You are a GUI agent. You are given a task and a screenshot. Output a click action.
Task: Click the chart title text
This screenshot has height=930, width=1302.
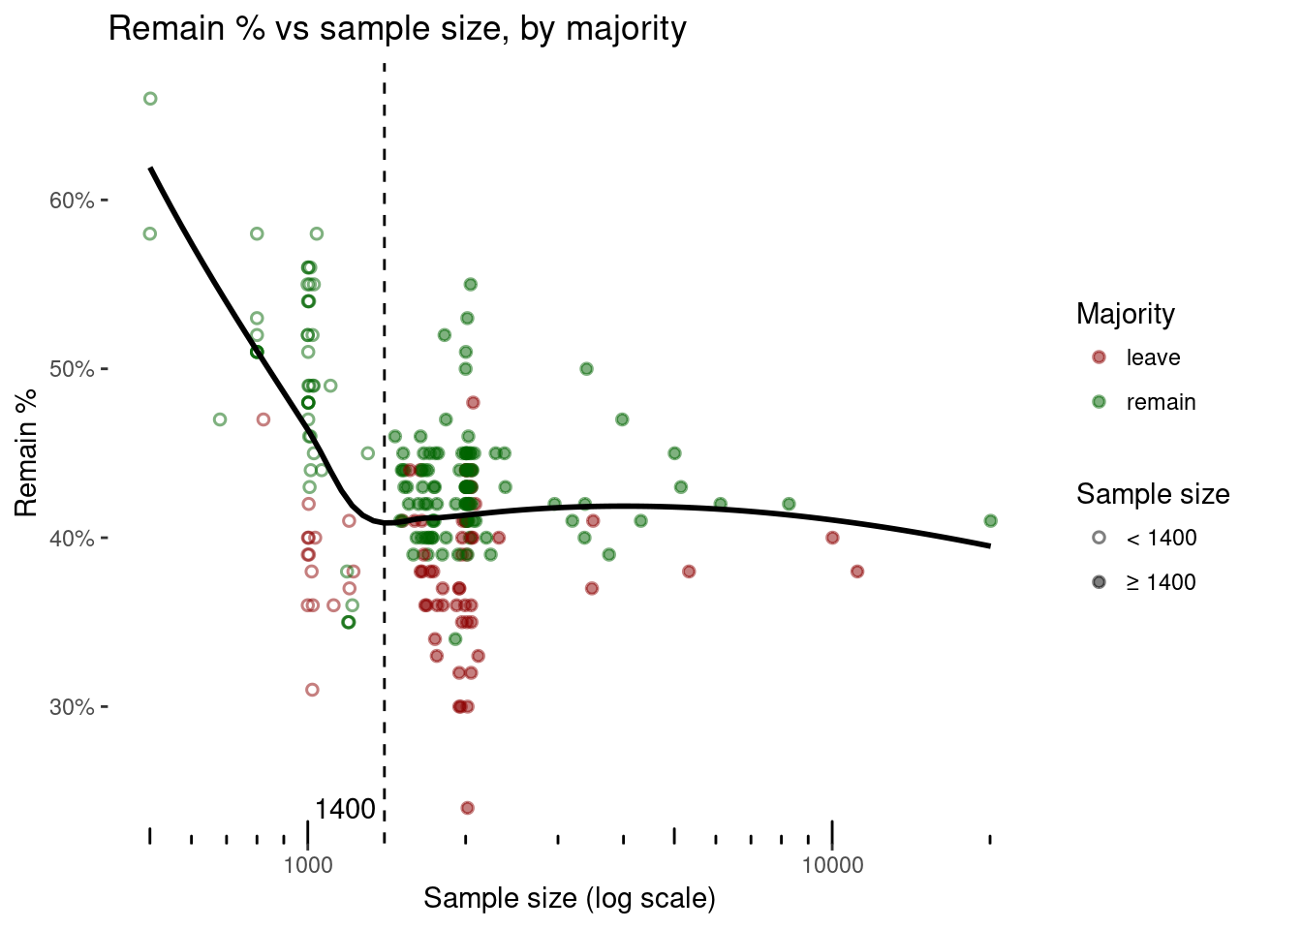click(397, 29)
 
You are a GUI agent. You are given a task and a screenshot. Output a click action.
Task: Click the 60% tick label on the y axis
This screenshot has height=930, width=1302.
click(71, 201)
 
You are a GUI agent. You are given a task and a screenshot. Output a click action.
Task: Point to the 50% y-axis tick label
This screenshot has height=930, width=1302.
click(71, 369)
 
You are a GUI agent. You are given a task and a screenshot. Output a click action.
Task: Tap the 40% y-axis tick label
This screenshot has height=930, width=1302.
click(71, 538)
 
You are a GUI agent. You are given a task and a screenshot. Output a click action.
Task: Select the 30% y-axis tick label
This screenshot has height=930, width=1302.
click(71, 707)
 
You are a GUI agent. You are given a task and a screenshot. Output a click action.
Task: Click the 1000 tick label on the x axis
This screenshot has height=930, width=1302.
click(308, 865)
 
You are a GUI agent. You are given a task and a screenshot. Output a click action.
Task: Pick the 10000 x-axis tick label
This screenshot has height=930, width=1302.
click(832, 865)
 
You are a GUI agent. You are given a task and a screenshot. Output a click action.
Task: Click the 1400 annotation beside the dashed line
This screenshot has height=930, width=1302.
click(345, 810)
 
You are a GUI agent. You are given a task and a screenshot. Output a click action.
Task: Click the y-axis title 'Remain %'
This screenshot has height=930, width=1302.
click(26, 452)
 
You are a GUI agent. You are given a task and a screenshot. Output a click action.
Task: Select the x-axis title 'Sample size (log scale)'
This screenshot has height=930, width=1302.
click(570, 899)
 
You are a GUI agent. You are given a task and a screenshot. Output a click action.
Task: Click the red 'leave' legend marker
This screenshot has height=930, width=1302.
click(1099, 357)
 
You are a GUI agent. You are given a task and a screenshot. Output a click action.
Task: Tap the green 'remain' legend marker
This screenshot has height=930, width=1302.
click(1099, 402)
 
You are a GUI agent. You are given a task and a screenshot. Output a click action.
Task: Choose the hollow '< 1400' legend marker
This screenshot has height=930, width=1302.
click(1099, 538)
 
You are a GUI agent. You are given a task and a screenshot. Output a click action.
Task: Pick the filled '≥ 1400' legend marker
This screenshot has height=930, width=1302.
click(1099, 582)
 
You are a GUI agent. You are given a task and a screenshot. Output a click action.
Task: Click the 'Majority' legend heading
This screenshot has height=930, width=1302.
click(1125, 314)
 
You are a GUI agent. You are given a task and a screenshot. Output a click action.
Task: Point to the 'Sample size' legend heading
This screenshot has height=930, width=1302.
click(1153, 494)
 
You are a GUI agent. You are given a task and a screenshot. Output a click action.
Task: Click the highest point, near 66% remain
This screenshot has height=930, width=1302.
click(150, 99)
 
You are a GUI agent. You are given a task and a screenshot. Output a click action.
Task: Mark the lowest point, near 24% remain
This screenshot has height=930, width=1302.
click(467, 808)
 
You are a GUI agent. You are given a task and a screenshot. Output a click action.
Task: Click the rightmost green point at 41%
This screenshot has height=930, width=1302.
click(990, 521)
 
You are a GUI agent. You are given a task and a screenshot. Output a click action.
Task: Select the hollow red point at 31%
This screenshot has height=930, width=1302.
click(312, 690)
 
